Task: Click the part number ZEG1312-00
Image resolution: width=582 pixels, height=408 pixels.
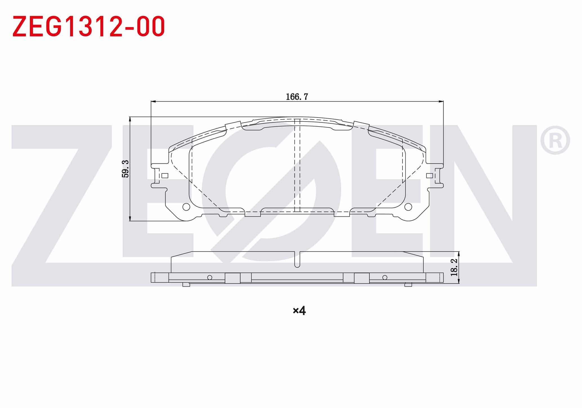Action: click(88, 26)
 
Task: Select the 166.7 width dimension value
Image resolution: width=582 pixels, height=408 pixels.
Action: click(297, 97)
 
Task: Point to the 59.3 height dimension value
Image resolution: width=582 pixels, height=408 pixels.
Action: click(125, 168)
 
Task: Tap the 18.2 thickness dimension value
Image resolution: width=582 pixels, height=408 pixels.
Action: click(454, 267)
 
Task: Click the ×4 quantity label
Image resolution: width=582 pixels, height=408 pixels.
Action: click(299, 311)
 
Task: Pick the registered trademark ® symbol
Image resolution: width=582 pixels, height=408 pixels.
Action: click(555, 140)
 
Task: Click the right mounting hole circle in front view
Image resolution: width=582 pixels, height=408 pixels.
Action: click(408, 207)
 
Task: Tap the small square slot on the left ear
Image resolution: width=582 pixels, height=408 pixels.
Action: click(165, 176)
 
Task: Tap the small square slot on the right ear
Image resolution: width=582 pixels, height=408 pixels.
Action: click(429, 176)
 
